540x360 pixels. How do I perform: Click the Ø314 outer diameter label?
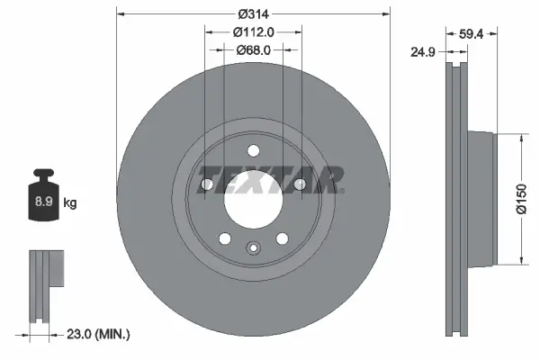(253, 14)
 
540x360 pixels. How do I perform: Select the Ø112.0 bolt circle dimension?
(253, 31)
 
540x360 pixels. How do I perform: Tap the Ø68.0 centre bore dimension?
(253, 49)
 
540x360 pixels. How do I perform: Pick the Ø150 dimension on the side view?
(521, 200)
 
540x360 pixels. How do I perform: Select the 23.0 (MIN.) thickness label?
(100, 335)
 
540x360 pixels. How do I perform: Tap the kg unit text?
(70, 203)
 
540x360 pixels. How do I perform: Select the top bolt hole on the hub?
(253, 150)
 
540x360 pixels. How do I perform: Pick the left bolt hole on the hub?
(207, 184)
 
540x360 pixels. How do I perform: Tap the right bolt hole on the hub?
(299, 184)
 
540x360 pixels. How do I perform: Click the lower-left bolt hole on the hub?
(224, 238)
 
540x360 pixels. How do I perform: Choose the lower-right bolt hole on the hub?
(282, 238)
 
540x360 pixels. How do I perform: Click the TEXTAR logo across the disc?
(270, 180)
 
